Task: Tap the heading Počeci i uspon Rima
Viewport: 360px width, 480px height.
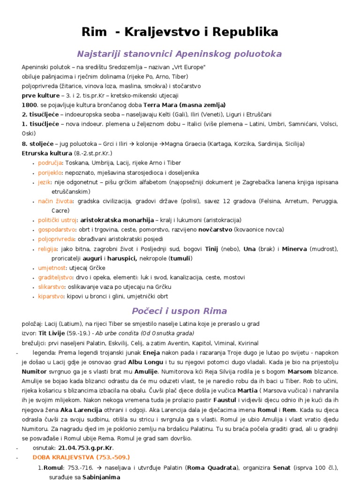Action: coord(180,311)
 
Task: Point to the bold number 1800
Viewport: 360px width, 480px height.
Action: coord(29,105)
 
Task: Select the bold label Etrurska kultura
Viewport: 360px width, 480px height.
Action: coord(47,153)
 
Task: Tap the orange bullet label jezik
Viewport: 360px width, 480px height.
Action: coord(45,182)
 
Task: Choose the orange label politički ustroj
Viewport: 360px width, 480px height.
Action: coord(58,220)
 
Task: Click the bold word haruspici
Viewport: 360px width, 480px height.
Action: coord(122,258)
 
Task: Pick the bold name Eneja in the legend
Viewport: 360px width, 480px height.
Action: coord(150,352)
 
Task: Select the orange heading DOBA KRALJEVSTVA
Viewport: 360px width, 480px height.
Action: coord(64,457)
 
